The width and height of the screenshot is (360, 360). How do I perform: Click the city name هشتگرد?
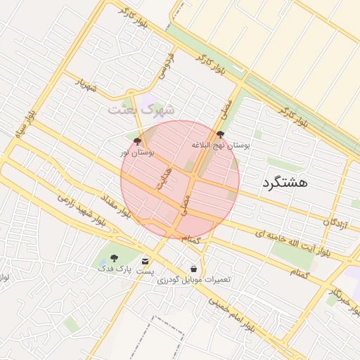285,182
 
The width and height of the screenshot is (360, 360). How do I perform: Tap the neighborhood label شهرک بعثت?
141,110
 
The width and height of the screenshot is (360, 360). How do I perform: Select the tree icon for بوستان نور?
137,141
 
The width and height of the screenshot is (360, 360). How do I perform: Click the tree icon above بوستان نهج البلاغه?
221,134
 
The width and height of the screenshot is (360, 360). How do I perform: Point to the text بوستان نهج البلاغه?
221,144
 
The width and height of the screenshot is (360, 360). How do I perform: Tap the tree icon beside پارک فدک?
115,258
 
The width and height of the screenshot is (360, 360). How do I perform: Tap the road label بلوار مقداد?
115,206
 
